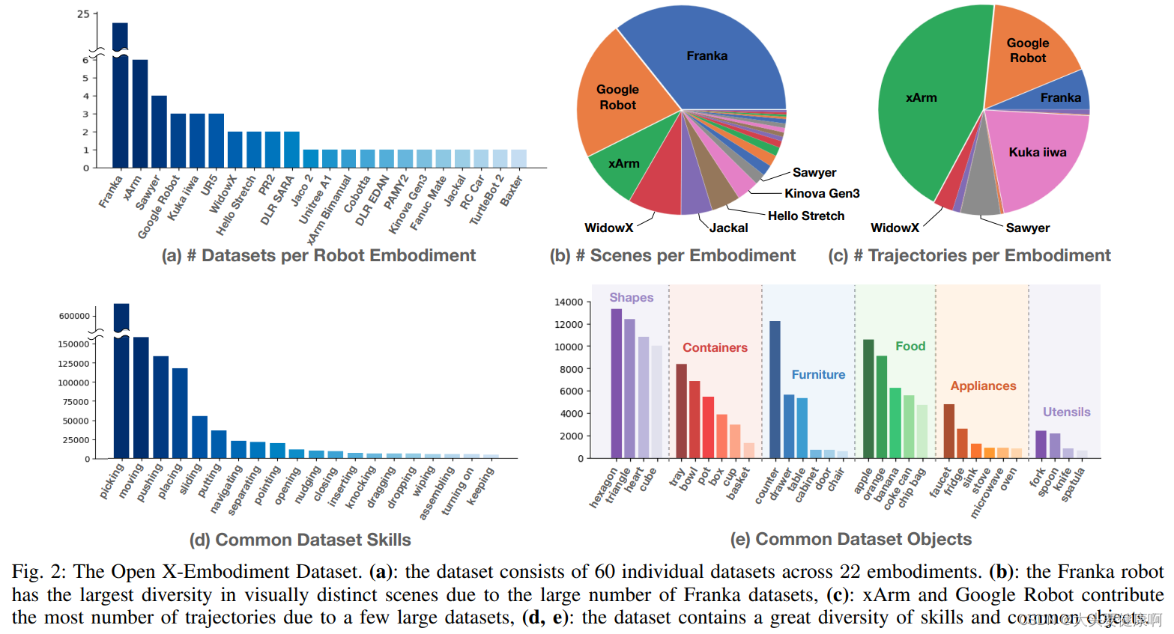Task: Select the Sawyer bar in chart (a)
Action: point(159,132)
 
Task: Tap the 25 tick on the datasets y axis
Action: point(83,14)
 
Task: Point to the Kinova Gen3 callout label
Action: point(822,194)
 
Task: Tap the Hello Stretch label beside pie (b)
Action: point(806,216)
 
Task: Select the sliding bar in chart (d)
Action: point(199,437)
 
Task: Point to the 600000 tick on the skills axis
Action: point(74,317)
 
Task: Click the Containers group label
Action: point(715,348)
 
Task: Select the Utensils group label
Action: point(1066,412)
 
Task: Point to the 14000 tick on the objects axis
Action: point(568,302)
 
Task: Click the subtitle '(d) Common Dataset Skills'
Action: point(300,540)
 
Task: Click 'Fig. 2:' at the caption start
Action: point(38,573)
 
